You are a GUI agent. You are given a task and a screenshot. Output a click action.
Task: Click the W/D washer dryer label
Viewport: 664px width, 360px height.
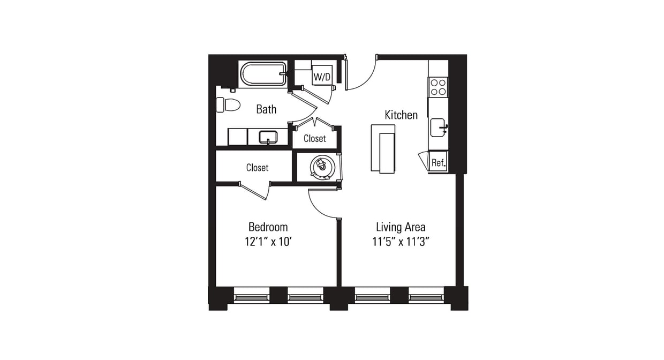coord(322,77)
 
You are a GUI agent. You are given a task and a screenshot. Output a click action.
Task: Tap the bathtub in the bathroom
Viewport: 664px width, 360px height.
coord(263,74)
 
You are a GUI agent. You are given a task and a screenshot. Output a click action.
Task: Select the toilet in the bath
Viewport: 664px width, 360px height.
coord(229,104)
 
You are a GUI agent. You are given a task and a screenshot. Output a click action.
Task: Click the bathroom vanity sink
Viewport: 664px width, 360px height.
coord(267,137)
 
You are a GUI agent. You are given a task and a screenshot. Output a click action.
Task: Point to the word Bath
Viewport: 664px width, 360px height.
coord(266,109)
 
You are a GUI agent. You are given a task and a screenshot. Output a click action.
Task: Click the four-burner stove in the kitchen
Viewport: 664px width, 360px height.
coord(438,87)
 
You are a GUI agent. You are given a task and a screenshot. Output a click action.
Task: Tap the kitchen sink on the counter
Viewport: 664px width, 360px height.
coord(439,127)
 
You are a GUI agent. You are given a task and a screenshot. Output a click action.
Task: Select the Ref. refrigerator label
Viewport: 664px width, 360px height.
coord(439,162)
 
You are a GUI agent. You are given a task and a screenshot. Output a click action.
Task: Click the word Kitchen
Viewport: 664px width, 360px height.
coord(401,115)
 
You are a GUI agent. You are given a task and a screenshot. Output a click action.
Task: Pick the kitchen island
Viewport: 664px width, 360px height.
coord(383,148)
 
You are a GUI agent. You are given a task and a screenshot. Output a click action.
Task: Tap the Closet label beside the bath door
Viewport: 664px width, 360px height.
coord(314,138)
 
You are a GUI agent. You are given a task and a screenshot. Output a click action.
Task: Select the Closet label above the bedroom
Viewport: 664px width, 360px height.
coord(257,168)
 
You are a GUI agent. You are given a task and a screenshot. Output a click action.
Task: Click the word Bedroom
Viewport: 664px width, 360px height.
coord(268,227)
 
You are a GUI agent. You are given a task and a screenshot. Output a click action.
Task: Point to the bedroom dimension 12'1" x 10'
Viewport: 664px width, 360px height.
coord(268,242)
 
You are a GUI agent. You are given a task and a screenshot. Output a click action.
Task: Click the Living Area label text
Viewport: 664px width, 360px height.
coord(401,227)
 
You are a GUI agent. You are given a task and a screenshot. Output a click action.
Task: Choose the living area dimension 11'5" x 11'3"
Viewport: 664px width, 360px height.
coord(401,242)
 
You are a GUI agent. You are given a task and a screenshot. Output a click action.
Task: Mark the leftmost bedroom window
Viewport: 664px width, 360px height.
coord(252,295)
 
